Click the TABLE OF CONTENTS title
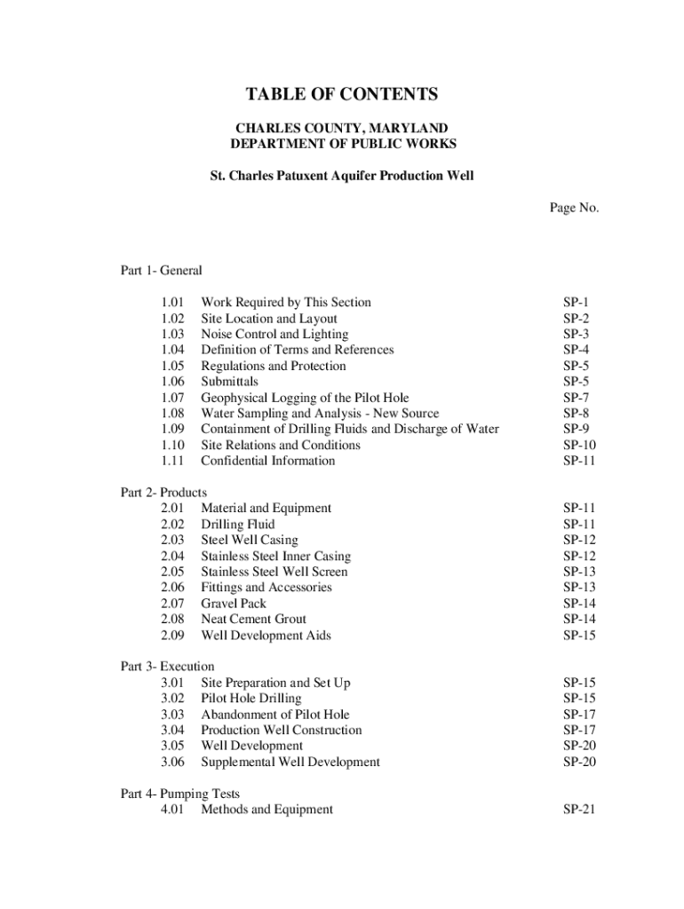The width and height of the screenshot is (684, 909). [x=342, y=95]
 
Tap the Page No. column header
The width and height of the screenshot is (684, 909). [x=574, y=208]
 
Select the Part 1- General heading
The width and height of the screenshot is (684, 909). [x=162, y=271]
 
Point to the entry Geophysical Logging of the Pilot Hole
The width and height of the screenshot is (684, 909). [x=305, y=398]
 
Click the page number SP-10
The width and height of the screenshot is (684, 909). [x=579, y=445]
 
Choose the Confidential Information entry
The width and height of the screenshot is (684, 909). [x=267, y=461]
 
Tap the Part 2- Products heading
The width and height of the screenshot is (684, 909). [x=163, y=492]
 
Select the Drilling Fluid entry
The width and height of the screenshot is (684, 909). [x=237, y=524]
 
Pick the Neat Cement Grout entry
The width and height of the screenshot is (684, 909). [x=253, y=619]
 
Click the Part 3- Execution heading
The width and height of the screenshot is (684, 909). [x=167, y=667]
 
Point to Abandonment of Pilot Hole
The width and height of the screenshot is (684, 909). [x=274, y=715]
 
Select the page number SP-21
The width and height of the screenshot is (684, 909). [x=579, y=810]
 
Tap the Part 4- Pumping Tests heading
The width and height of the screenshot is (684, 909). [x=179, y=794]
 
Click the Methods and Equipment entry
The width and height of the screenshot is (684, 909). [x=266, y=810]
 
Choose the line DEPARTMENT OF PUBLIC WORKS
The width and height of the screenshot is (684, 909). [x=342, y=144]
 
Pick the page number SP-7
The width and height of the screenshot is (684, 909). [x=577, y=398]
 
